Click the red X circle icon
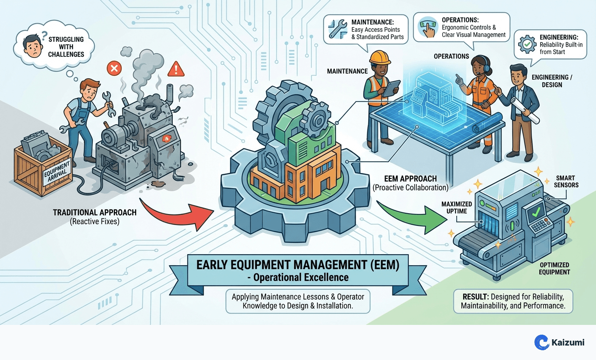(114, 68)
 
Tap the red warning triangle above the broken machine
(175, 69)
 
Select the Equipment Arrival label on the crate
(58, 171)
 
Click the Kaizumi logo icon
(541, 342)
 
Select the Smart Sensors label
(566, 181)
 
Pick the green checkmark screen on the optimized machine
(536, 212)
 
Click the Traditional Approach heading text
(95, 212)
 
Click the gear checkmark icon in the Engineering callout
(527, 44)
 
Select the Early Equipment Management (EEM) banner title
(298, 265)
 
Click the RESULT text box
(513, 301)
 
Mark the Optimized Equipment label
(554, 269)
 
